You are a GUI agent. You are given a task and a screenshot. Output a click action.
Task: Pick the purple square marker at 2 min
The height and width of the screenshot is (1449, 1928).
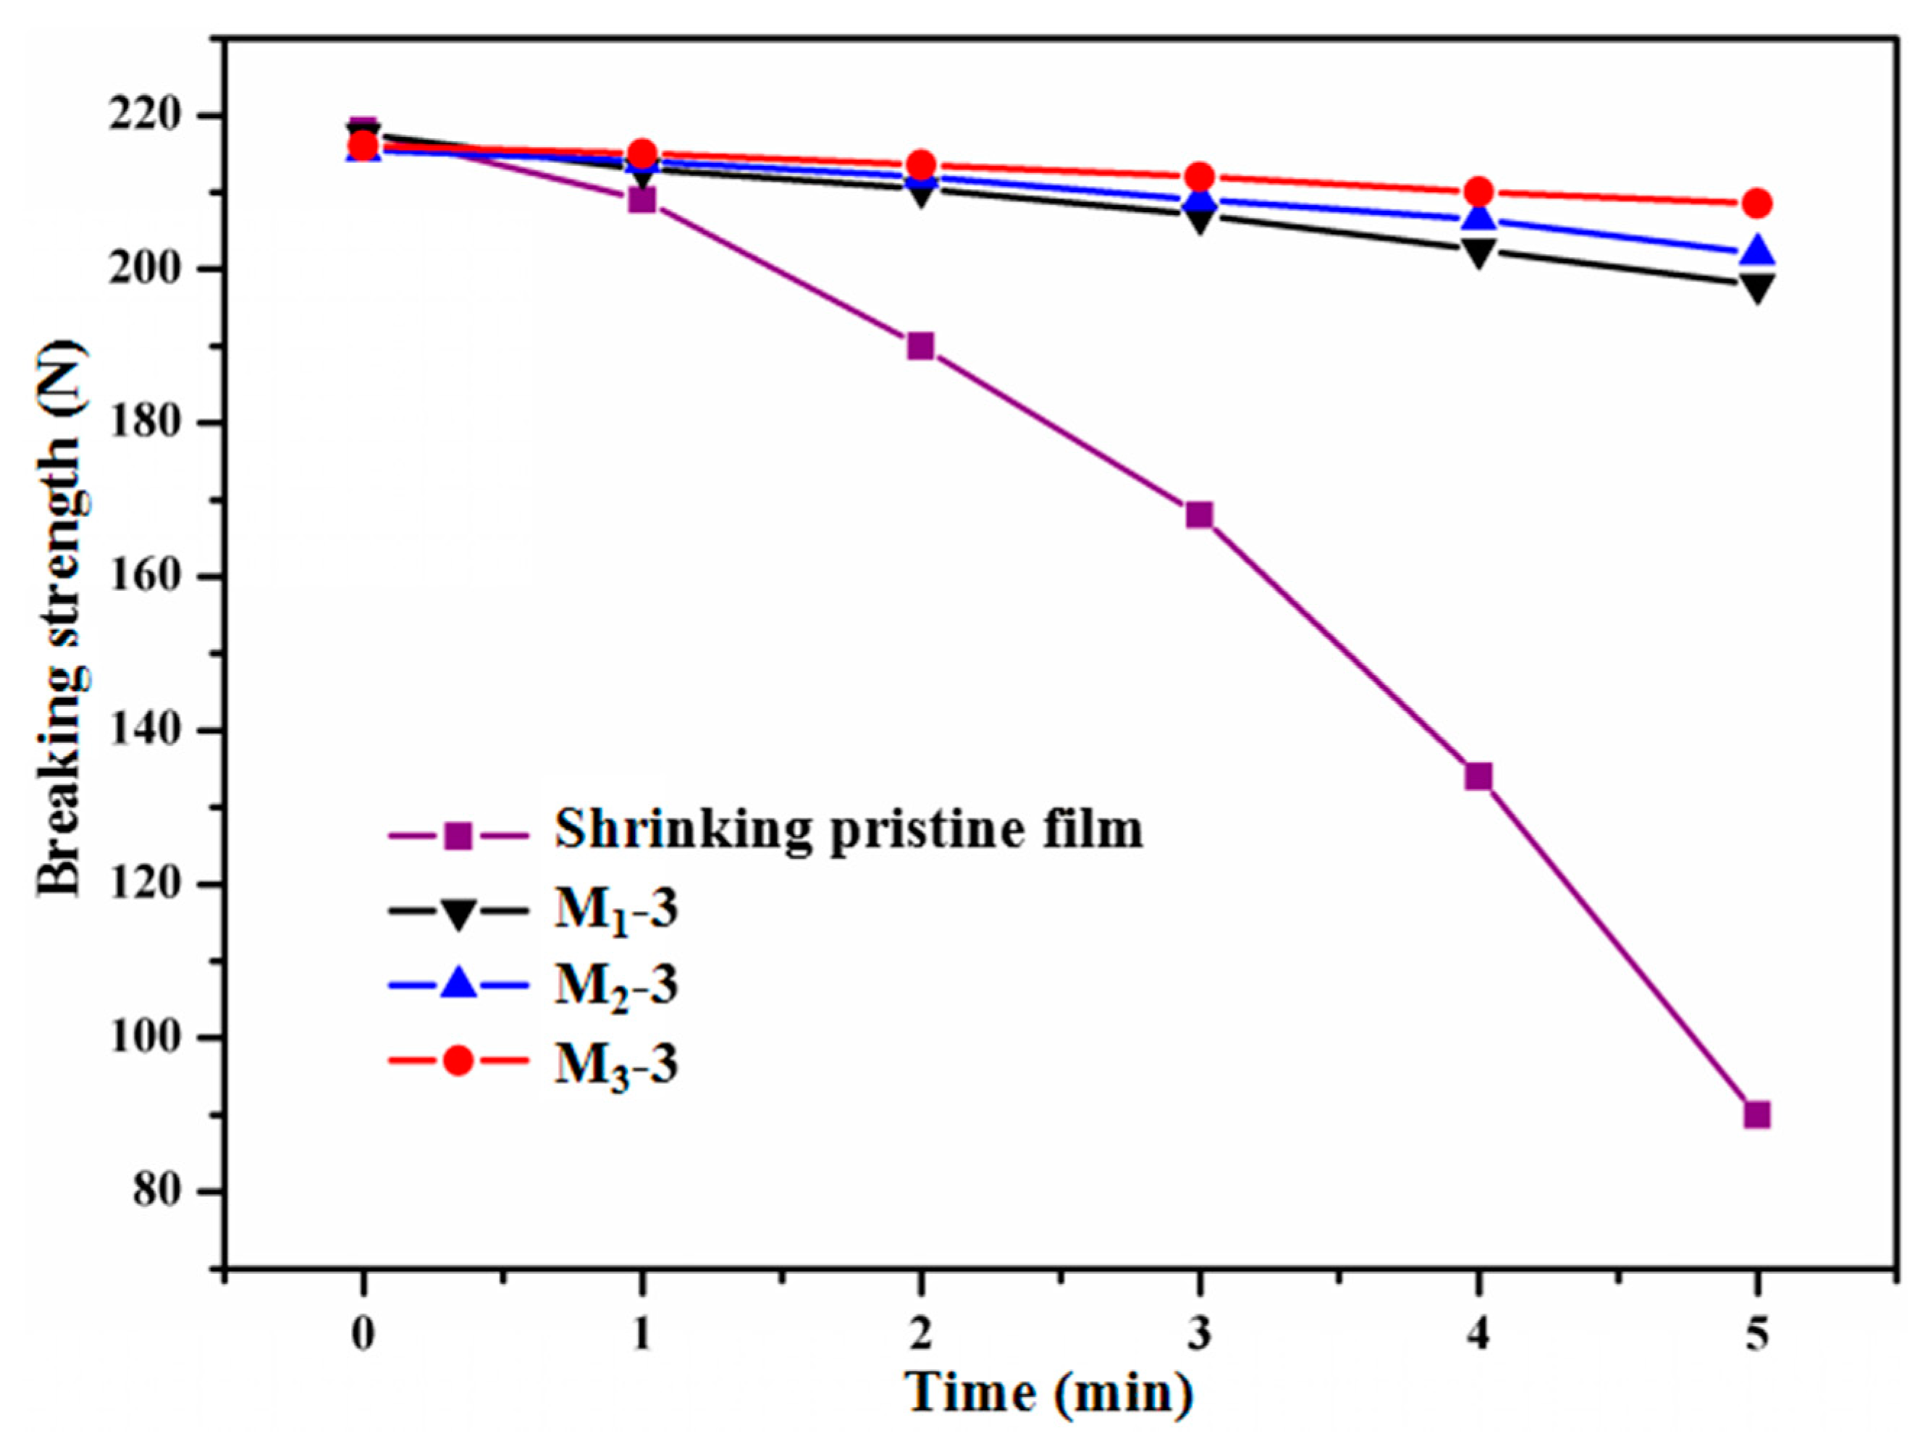point(920,346)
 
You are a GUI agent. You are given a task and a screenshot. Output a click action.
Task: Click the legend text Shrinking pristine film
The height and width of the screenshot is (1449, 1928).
point(848,829)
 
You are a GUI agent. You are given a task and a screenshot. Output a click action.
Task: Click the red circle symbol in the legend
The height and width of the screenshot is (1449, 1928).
point(458,1061)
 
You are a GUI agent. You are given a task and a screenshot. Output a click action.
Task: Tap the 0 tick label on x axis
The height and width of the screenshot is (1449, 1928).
point(363,1334)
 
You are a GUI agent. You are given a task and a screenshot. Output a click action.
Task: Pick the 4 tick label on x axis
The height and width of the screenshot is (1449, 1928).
point(1478,1334)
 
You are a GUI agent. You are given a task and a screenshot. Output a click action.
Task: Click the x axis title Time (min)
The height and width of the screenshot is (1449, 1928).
point(1048,1392)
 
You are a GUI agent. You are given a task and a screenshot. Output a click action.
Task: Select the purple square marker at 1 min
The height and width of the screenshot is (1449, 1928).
point(641,201)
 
